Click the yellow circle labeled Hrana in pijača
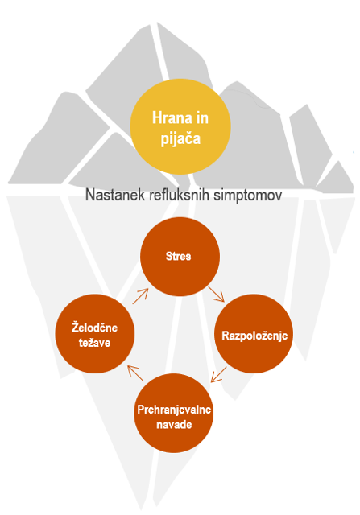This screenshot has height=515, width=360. [x=180, y=126]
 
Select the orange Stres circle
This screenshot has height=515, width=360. [x=180, y=257]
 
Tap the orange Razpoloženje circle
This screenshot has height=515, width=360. [x=254, y=334]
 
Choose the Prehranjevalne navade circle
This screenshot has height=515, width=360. [x=174, y=413]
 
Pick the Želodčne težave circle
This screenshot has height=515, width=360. [x=95, y=334]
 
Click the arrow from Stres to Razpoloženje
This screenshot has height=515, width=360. [x=217, y=295]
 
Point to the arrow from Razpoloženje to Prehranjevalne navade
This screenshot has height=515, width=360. [x=218, y=374]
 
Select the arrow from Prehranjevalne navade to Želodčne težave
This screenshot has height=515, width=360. [x=135, y=373]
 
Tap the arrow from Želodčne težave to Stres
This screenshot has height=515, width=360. [x=140, y=296]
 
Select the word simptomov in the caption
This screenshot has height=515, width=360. [x=247, y=196]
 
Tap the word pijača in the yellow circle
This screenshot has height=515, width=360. [x=180, y=139]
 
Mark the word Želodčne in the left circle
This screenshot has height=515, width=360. [x=95, y=328]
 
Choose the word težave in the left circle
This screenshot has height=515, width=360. [x=95, y=343]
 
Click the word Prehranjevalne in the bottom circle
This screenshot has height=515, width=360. [x=174, y=410]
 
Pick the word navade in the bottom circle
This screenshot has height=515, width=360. [x=174, y=425]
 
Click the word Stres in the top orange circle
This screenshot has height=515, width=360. [x=178, y=256]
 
